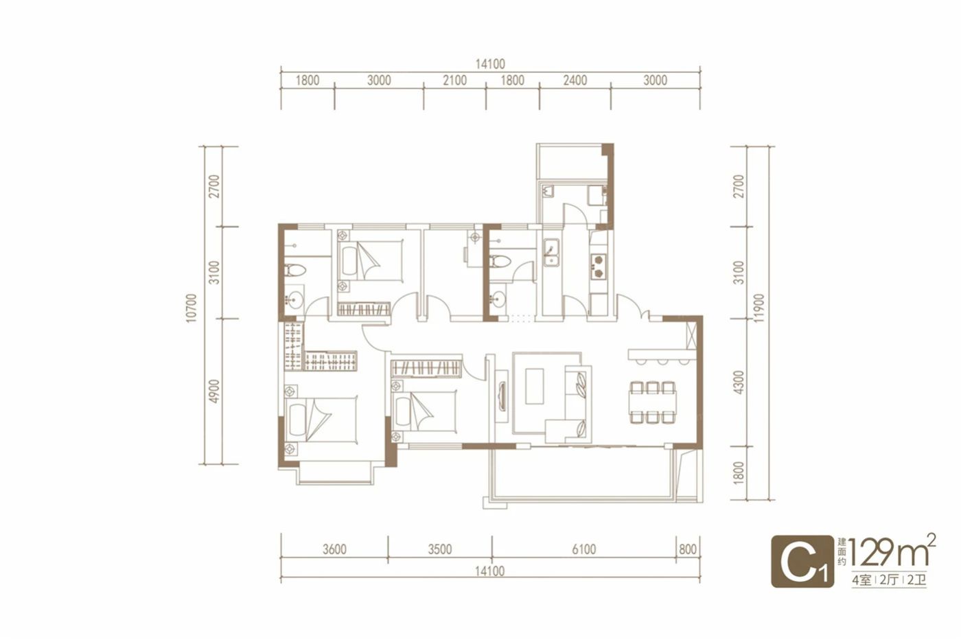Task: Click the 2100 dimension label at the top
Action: (454, 81)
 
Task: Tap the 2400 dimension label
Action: (575, 81)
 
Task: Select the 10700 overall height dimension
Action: (192, 308)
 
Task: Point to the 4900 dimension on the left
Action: (214, 391)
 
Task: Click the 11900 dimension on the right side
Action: (759, 308)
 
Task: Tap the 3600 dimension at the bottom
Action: (334, 549)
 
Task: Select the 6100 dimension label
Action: (583, 549)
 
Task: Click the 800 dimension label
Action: (688, 549)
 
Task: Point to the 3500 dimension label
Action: (440, 549)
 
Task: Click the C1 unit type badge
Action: (802, 562)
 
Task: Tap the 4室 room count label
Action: (861, 581)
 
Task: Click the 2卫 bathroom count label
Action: (917, 581)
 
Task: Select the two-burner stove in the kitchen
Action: (598, 266)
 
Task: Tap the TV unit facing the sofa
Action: (502, 396)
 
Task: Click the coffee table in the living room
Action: (535, 386)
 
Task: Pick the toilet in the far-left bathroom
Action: (296, 271)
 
